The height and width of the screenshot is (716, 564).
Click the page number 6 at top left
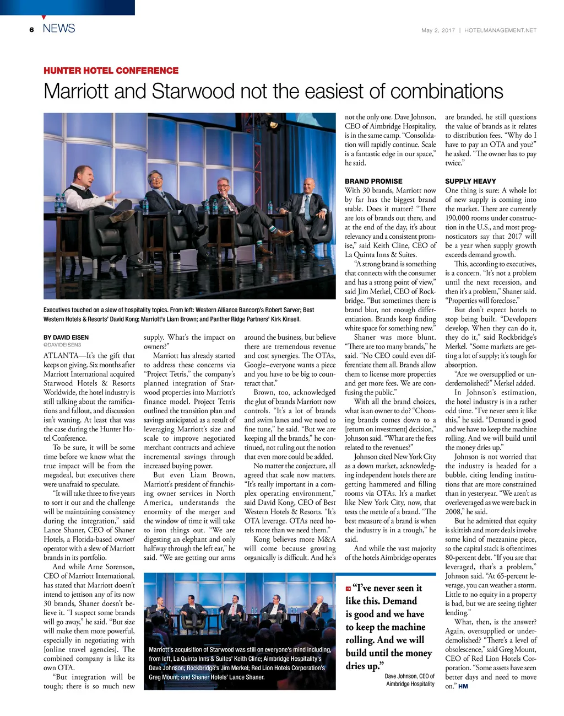32,30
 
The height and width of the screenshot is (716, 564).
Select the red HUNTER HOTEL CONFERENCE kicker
111,71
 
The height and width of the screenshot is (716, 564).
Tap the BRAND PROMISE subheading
373,181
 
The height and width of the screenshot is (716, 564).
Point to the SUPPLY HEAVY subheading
470,181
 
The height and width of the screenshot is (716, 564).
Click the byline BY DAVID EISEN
66,338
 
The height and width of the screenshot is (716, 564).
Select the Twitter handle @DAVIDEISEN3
62,345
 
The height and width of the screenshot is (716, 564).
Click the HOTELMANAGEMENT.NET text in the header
500,30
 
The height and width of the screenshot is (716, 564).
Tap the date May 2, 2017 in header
438,30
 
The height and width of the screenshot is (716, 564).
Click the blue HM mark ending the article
463,687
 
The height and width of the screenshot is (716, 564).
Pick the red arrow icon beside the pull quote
348,589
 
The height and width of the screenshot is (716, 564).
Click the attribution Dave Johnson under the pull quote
409,676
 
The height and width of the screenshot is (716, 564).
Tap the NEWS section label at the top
58,29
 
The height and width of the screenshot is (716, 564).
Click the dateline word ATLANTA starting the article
61,356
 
